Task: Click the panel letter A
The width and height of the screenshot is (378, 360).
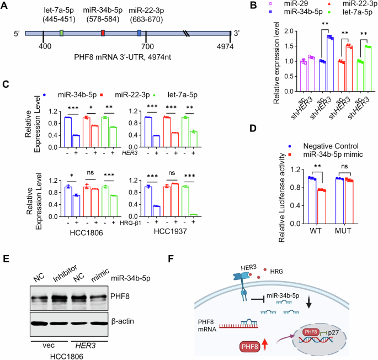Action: click(7, 7)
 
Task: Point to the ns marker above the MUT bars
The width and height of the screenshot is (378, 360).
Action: click(345, 166)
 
